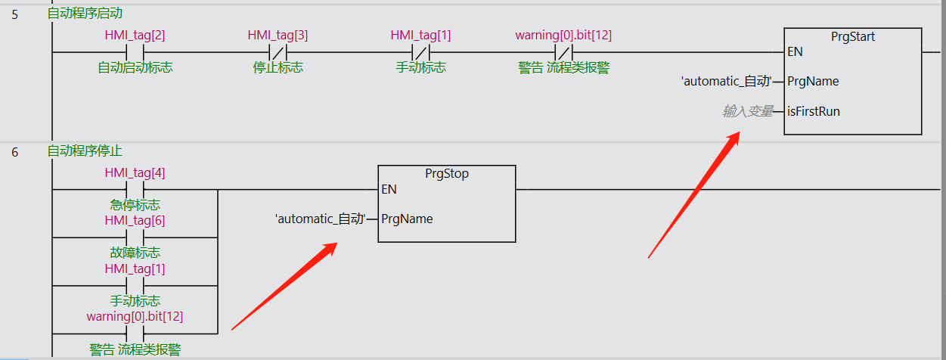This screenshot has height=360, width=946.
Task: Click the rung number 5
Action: (15, 14)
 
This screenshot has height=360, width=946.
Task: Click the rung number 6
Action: (15, 152)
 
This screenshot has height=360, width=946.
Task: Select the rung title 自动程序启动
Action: (85, 13)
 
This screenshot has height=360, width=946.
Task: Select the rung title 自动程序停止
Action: (85, 151)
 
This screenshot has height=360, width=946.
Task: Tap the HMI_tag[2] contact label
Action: (135, 36)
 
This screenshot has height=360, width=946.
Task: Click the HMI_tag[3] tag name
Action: (278, 36)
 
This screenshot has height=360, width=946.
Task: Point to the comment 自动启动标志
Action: (135, 68)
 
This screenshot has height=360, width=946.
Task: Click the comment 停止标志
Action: (278, 68)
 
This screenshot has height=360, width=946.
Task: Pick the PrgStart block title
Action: (853, 36)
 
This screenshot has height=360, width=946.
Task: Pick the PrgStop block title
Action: (447, 174)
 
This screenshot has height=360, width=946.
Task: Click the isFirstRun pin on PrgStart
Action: (814, 111)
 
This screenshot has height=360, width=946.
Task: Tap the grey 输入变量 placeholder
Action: (748, 111)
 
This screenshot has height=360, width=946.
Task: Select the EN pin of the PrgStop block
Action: (389, 189)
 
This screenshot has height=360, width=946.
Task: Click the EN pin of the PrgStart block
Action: (796, 51)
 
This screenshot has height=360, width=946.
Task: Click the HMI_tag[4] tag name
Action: (135, 172)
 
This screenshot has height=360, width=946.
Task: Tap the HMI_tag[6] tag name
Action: (135, 220)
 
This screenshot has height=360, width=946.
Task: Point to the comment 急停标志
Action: (135, 205)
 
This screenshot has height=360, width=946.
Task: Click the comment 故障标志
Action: (135, 253)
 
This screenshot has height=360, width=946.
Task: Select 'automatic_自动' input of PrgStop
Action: (320, 219)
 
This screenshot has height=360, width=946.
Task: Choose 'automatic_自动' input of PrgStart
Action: (726, 81)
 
